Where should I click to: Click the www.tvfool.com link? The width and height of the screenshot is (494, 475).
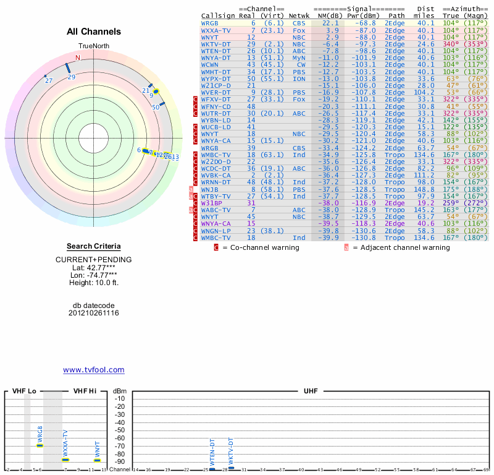click(94, 370)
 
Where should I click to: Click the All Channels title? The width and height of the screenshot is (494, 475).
click(94, 32)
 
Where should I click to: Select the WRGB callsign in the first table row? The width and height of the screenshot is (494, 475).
click(209, 23)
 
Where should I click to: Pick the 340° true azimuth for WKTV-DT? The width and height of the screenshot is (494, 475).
click(451, 44)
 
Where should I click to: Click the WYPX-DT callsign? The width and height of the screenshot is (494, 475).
click(216, 79)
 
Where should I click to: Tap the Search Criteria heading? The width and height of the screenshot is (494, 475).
click(94, 246)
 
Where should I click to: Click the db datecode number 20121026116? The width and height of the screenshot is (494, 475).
click(94, 313)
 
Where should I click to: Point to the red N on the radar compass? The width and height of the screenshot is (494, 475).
click(78, 58)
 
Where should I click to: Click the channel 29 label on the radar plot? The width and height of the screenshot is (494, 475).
click(72, 77)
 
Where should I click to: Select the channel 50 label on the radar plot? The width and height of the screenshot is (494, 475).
click(156, 107)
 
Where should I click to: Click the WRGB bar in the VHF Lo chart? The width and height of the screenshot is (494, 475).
click(40, 445)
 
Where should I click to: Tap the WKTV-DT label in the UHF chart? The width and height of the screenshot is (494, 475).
click(231, 450)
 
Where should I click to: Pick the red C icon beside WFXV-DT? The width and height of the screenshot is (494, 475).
click(196, 99)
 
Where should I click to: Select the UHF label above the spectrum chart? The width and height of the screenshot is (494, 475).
click(311, 391)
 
